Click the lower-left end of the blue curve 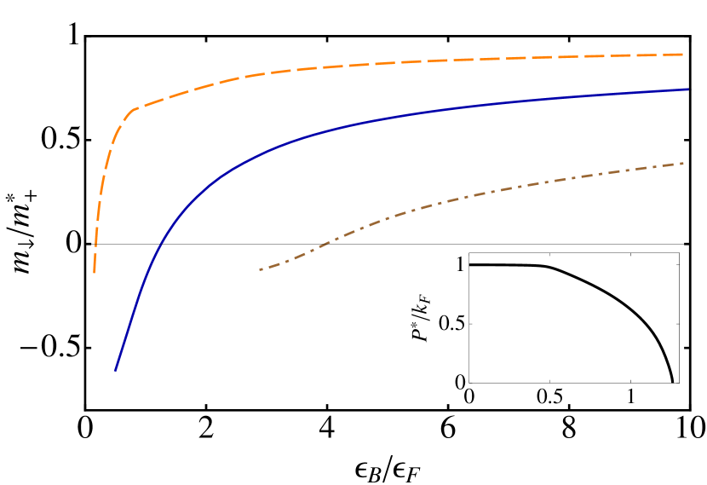coord(115,371)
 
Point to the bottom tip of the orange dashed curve coord(94,273)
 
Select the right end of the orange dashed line coord(683,55)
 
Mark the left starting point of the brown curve coord(260,269)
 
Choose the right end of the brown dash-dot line coord(684,163)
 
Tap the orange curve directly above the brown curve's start coord(260,75)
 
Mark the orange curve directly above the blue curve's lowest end coord(115,136)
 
